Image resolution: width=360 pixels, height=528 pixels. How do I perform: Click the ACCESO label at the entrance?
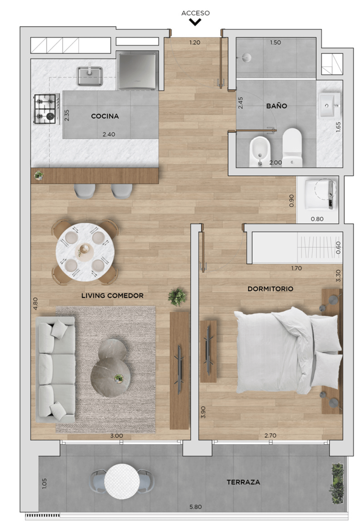tap(195, 13)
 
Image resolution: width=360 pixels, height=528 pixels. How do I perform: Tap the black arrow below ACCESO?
tap(195, 22)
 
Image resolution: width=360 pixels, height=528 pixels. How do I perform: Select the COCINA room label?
tap(105, 116)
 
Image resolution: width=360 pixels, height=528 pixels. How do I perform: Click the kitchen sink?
tap(90, 75)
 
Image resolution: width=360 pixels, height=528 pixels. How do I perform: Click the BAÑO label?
tap(277, 106)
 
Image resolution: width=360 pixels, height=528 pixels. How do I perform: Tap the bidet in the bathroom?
tap(259, 151)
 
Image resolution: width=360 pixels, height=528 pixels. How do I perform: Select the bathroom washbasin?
tap(329, 105)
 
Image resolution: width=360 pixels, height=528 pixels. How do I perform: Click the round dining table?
tap(85, 252)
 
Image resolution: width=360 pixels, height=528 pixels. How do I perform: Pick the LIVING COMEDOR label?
tap(112, 296)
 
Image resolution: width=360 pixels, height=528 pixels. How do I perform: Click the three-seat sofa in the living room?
tap(55, 369)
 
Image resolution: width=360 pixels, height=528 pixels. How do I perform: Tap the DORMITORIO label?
tap(270, 289)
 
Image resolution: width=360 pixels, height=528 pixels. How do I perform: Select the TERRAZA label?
tap(243, 482)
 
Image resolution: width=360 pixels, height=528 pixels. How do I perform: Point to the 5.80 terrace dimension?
tap(196, 506)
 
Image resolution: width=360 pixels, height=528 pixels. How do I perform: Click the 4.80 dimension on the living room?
tap(35, 303)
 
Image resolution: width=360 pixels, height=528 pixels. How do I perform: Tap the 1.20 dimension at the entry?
tap(195, 42)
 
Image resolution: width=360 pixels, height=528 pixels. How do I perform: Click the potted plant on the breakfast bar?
tap(39, 175)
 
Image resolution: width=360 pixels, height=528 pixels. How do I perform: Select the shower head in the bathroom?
tap(247, 57)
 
